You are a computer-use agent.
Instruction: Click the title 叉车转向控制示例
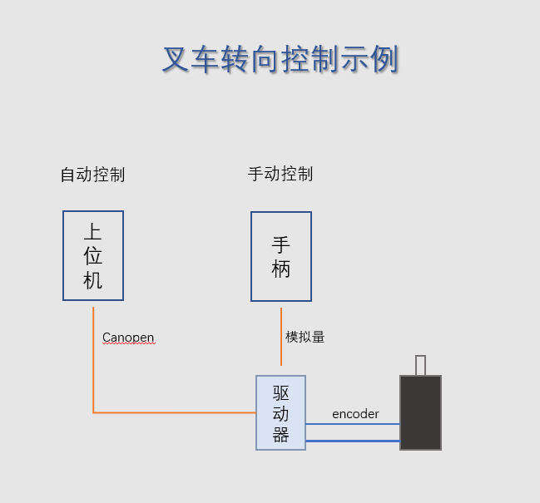tap(280, 60)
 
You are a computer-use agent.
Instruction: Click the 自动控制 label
tap(92, 175)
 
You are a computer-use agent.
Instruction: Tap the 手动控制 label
tap(280, 174)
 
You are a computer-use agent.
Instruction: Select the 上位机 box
tap(93, 255)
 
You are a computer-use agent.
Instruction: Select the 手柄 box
tap(281, 256)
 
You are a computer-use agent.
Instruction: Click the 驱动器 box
tap(280, 412)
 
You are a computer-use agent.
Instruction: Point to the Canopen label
tap(128, 338)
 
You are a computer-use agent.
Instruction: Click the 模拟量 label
tap(305, 337)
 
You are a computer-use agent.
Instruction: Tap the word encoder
tap(355, 413)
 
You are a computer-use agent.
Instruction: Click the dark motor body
tap(420, 412)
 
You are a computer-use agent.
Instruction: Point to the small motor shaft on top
tap(420, 365)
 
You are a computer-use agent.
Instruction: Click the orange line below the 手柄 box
tap(281, 337)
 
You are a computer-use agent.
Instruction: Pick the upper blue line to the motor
tap(353, 424)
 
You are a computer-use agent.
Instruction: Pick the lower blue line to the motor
tap(353, 440)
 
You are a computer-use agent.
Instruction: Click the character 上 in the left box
tap(93, 232)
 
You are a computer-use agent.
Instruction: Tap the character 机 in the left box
tap(93, 280)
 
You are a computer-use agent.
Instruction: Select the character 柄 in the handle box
tap(281, 269)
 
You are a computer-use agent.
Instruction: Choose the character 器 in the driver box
tap(281, 435)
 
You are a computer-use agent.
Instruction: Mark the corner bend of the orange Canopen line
tap(93, 412)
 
